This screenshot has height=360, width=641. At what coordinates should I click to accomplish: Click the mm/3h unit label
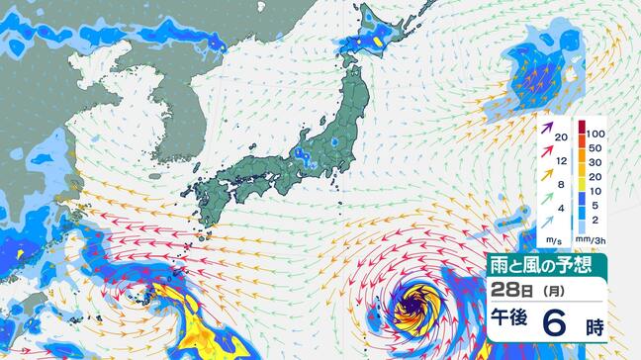pyautogui.click(x=592, y=240)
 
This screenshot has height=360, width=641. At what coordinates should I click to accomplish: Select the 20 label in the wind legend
pyautogui.click(x=560, y=137)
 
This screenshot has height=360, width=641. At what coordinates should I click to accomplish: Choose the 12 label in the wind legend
pyautogui.click(x=560, y=159)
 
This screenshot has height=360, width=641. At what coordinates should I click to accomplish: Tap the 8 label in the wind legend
pyautogui.click(x=560, y=183)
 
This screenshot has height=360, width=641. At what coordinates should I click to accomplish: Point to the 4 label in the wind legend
pyautogui.click(x=560, y=208)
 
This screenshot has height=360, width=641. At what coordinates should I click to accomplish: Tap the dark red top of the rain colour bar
pyautogui.click(x=581, y=131)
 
